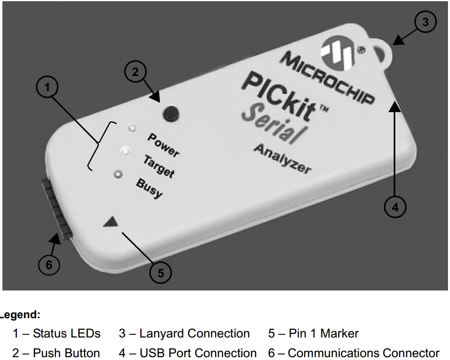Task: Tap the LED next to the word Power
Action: pyautogui.click(x=132, y=128)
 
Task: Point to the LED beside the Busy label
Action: pyautogui.click(x=118, y=174)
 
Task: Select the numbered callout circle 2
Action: pyautogui.click(x=136, y=72)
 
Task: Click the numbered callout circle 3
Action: pyautogui.click(x=425, y=22)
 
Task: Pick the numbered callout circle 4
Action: pyautogui.click(x=396, y=207)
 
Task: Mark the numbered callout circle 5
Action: pyautogui.click(x=161, y=273)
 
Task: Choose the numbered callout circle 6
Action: pyautogui.click(x=49, y=265)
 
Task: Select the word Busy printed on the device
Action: pyautogui.click(x=149, y=189)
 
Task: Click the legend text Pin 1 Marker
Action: pyautogui.click(x=313, y=333)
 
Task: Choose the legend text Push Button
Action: pyautogui.click(x=56, y=353)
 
